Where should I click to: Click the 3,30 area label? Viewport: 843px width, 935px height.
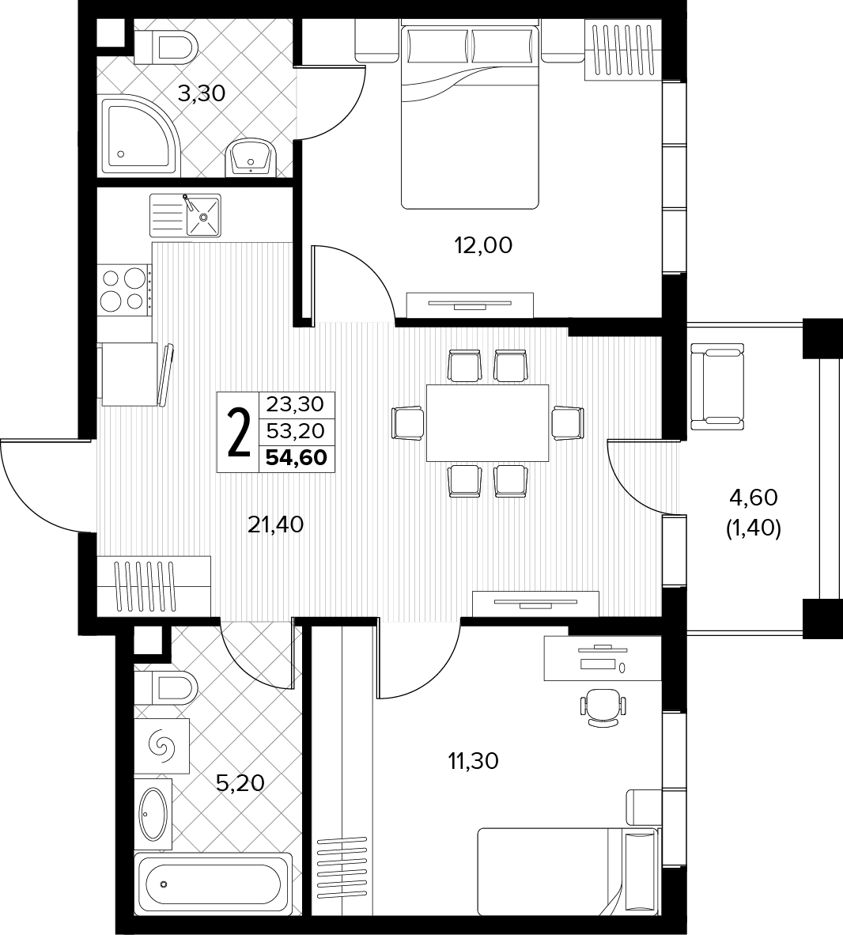tap(202, 93)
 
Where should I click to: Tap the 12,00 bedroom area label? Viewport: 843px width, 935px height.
tap(483, 245)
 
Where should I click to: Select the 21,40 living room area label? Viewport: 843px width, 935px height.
tap(275, 524)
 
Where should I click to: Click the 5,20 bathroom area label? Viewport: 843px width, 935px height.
tap(240, 783)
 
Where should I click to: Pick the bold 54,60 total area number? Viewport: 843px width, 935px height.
tap(297, 458)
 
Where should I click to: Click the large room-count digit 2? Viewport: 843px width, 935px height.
tap(239, 433)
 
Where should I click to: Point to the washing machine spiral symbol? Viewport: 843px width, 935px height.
tap(161, 745)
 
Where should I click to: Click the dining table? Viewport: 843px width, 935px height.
tap(488, 422)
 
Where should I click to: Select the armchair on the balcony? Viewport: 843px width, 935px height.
tap(717, 386)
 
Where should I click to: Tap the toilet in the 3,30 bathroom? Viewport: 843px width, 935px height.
tap(166, 47)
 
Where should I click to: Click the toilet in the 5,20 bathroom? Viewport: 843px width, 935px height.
tap(166, 688)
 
